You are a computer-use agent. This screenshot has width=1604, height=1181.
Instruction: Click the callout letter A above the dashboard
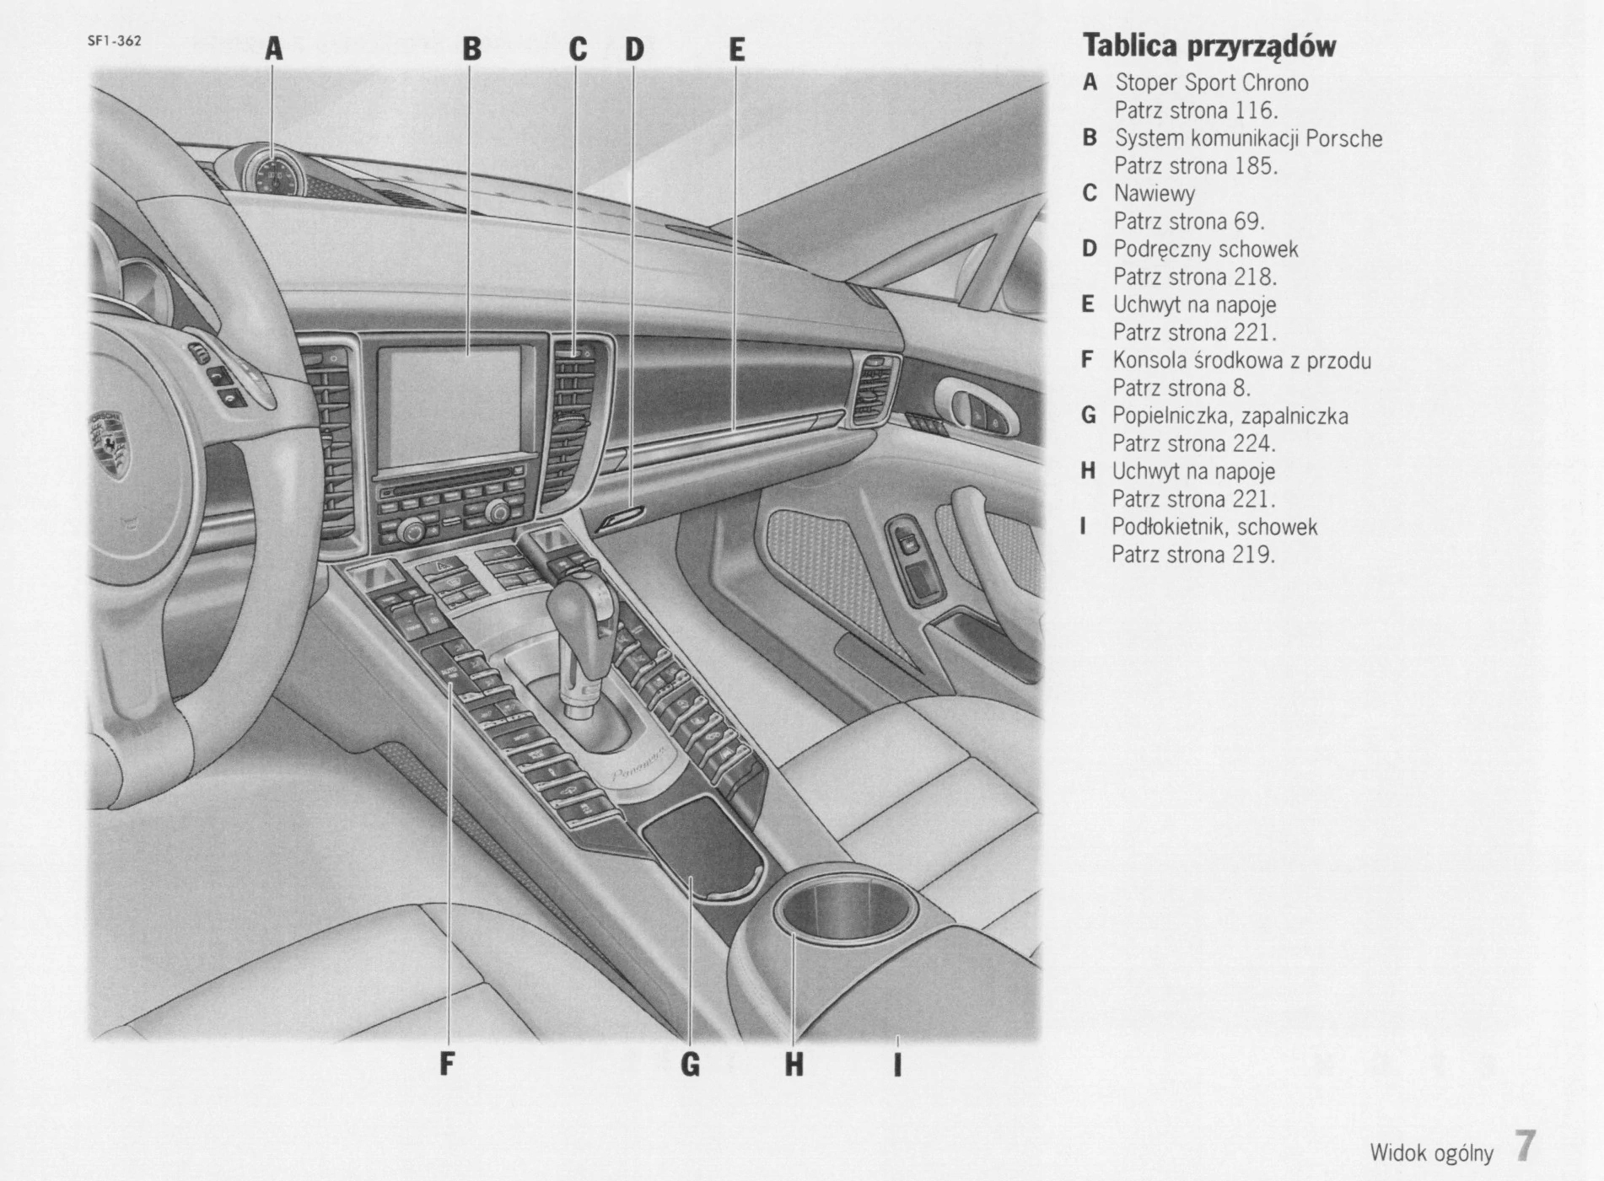[273, 49]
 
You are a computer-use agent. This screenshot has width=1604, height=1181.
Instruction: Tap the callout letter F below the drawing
[447, 1065]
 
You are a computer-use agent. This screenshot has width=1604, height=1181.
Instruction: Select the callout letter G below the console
[690, 1065]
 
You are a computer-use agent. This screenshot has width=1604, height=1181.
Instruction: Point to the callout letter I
[897, 1065]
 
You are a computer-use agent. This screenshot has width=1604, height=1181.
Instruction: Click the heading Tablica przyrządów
[1208, 46]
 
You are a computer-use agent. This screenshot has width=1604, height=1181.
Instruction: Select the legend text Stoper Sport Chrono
[1211, 83]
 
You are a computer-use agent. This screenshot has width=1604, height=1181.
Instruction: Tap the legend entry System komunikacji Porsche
[1248, 138]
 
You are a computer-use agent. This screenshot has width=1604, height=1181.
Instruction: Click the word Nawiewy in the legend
[1154, 194]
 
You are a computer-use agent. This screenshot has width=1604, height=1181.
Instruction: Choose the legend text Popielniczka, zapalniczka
[1230, 416]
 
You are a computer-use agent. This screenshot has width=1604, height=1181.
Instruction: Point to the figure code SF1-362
[115, 40]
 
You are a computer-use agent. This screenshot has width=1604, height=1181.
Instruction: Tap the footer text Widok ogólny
[1431, 1153]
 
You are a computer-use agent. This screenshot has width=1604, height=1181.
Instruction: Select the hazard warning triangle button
[444, 564]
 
